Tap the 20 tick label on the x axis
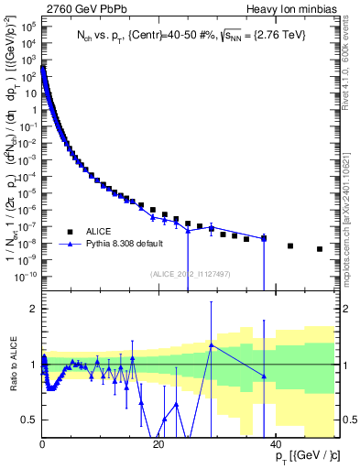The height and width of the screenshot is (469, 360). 159,444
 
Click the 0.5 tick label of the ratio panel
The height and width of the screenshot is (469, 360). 28,420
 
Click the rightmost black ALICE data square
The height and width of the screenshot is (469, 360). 320,249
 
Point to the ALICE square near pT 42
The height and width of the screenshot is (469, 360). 290,245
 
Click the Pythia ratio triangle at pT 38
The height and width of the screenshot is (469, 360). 264,376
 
